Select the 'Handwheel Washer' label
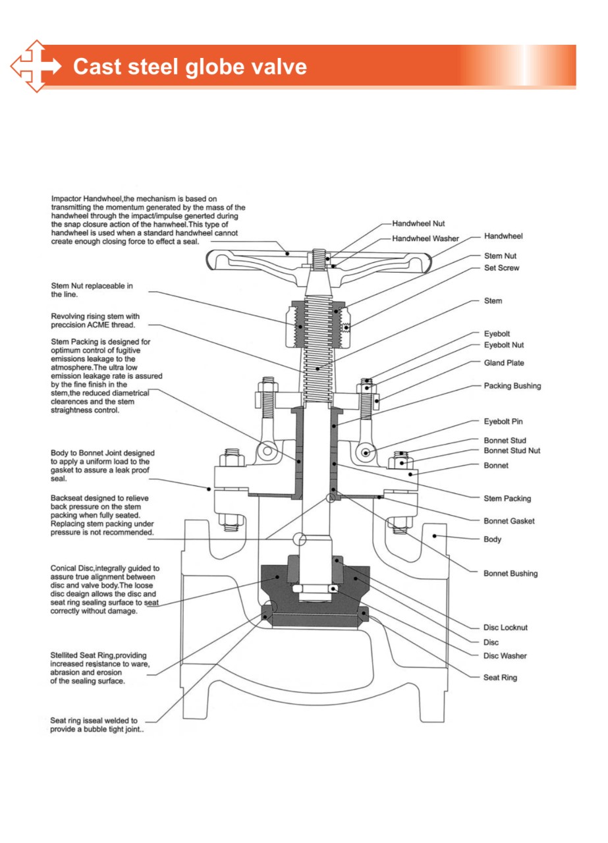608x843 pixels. [426, 238]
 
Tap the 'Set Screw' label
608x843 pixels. [501, 268]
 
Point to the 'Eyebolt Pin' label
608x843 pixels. [503, 421]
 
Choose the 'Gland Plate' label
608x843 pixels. [504, 363]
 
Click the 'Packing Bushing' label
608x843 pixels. [512, 386]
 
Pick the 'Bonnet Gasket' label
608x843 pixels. [509, 521]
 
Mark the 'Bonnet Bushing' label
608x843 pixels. [511, 574]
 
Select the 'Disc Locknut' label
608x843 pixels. [505, 628]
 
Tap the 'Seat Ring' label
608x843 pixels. [500, 678]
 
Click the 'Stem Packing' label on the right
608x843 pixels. [507, 499]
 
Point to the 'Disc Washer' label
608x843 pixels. [505, 656]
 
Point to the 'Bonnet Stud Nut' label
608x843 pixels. [512, 450]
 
